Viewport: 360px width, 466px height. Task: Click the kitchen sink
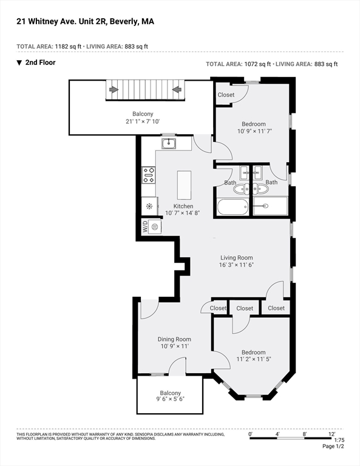[x=169, y=144]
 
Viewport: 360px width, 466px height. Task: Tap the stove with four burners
[x=149, y=175]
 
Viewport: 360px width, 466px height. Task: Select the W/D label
[x=145, y=227]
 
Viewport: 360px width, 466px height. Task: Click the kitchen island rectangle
[x=184, y=185]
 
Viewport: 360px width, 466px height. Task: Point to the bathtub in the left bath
[x=233, y=206]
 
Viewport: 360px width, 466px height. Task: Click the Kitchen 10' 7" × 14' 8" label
[x=183, y=209]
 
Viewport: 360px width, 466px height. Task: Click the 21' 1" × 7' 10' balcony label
[x=143, y=121]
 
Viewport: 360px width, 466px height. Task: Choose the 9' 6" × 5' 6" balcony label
[x=171, y=399]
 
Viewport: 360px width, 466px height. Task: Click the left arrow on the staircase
[x=114, y=89]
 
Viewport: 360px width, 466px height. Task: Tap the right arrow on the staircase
[x=177, y=89]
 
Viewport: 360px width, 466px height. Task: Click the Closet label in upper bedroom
[x=226, y=95]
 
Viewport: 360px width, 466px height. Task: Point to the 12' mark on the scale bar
[x=331, y=434]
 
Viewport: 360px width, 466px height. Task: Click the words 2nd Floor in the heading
[x=41, y=62]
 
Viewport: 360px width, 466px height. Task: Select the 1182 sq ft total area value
[x=68, y=46]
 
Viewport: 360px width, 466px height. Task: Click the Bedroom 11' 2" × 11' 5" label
[x=254, y=356]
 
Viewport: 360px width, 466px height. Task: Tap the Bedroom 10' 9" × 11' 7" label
[x=254, y=127]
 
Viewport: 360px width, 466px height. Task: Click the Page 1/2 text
[x=333, y=447]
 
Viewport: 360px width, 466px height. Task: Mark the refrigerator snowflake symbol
[x=149, y=206]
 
